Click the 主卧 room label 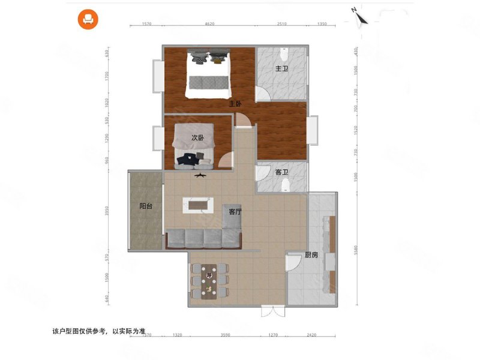point(235,103)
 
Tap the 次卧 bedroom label point(197,138)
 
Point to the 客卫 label point(281,172)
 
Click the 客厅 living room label point(235,211)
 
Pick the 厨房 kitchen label point(311,254)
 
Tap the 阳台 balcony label point(145,206)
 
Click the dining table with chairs point(209,280)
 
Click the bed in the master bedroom point(208,77)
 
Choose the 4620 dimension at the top point(209,25)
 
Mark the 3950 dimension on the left point(106,211)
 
